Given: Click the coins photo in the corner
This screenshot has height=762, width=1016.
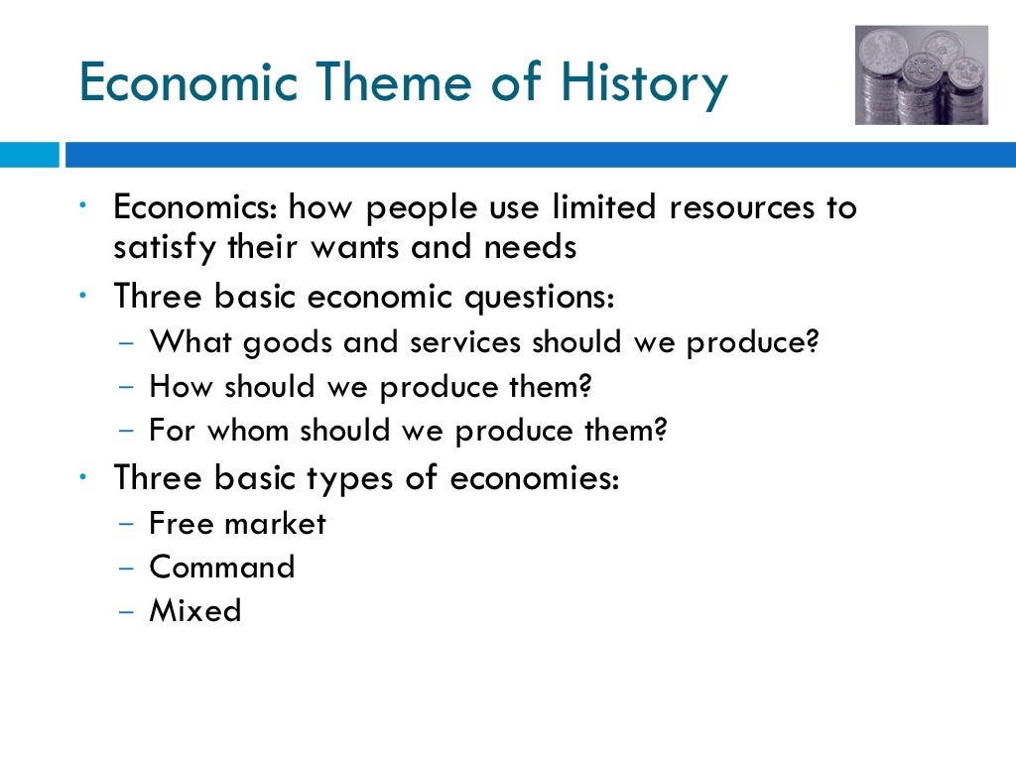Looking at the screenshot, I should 921,74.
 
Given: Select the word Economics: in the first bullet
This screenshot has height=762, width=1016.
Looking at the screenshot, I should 195,208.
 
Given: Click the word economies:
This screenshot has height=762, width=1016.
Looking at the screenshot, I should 536,478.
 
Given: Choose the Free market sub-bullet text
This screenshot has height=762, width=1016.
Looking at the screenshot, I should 237,523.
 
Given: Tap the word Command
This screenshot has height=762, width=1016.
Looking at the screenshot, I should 222,567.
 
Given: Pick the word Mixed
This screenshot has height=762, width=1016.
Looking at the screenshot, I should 194,610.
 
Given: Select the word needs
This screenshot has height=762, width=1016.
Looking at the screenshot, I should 530,246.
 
